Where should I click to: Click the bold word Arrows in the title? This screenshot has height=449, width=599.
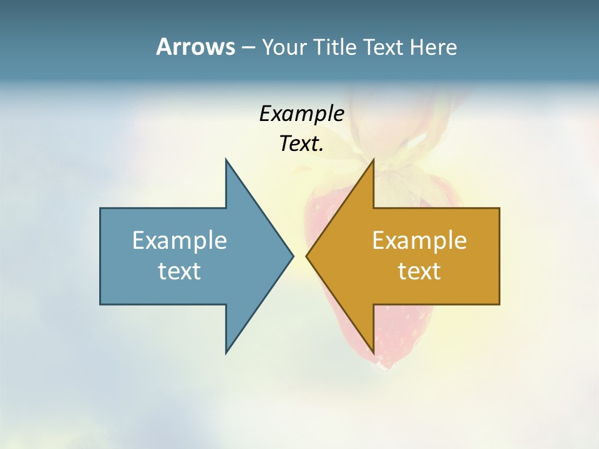point(195,47)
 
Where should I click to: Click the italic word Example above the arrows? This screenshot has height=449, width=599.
point(302,114)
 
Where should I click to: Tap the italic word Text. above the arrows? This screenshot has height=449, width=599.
point(302,144)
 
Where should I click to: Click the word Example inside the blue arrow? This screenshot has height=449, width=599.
point(180,241)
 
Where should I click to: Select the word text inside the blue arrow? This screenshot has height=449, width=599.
point(180,271)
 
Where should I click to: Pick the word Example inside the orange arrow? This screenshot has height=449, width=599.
point(419,241)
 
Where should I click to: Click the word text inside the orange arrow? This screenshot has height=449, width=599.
point(419,271)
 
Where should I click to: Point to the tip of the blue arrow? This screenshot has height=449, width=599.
point(292,256)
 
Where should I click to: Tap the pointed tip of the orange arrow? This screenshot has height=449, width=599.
point(308,256)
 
